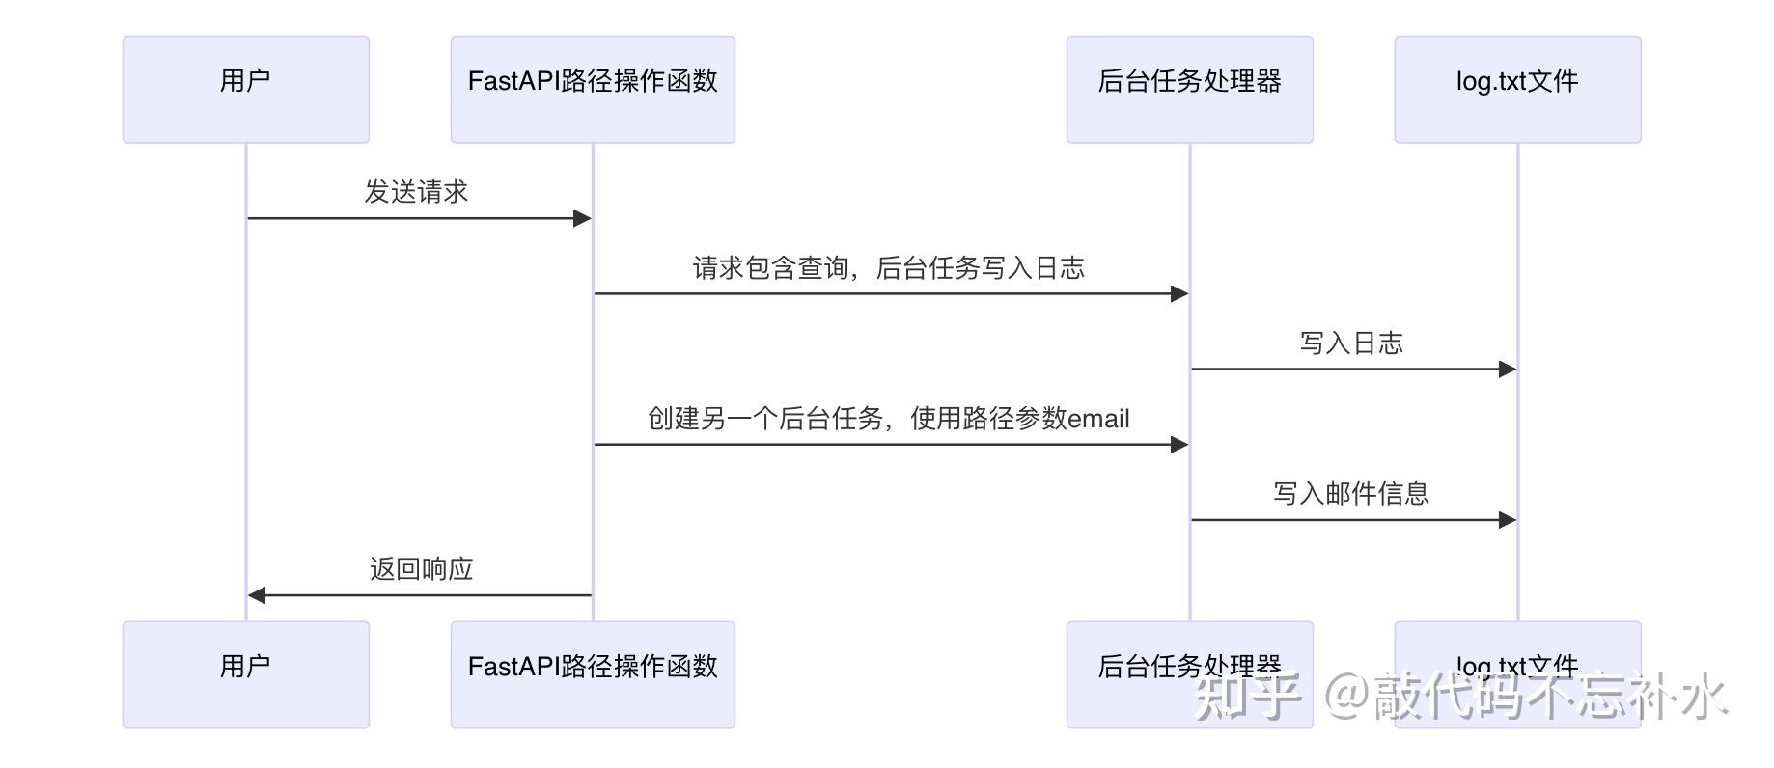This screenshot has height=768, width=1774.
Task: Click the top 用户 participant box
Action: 246,90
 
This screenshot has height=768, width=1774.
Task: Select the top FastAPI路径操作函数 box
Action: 593,90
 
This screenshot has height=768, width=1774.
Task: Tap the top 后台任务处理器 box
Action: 1190,90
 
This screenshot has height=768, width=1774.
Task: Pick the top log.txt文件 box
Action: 1518,90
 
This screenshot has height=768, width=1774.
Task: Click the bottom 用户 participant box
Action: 246,674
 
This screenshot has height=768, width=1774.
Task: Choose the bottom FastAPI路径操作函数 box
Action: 593,674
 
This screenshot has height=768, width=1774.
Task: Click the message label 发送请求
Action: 416,192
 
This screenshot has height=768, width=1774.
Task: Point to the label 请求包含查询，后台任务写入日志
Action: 889,267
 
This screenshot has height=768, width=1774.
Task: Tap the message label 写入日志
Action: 1351,343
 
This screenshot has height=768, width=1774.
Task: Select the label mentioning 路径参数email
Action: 889,418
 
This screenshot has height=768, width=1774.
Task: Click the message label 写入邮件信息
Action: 1351,493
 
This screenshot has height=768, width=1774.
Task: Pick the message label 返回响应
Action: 422,568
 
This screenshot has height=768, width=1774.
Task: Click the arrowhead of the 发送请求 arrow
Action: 582,218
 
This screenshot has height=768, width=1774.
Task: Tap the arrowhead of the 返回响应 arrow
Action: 257,595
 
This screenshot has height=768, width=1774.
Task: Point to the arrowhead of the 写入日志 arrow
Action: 1508,369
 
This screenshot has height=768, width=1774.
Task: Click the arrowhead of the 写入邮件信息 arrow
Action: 1508,520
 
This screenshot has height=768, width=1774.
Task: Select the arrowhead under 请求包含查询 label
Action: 1179,293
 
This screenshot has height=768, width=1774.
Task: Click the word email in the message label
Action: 1099,419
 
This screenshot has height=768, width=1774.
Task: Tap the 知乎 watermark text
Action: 1247,696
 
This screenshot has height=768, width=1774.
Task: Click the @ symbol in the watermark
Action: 1347,696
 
